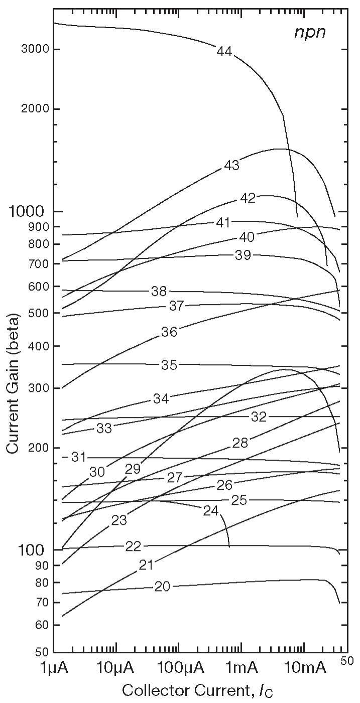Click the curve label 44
point(224,51)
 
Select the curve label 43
point(231,165)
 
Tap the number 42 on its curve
point(248,198)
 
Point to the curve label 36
point(169,331)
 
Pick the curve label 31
point(78,457)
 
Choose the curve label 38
point(159,291)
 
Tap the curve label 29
point(133,469)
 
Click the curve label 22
point(133,546)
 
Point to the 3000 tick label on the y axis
point(34,49)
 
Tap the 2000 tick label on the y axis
point(34,109)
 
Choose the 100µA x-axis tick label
point(179,669)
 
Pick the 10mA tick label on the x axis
point(304,669)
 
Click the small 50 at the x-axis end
point(347,662)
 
